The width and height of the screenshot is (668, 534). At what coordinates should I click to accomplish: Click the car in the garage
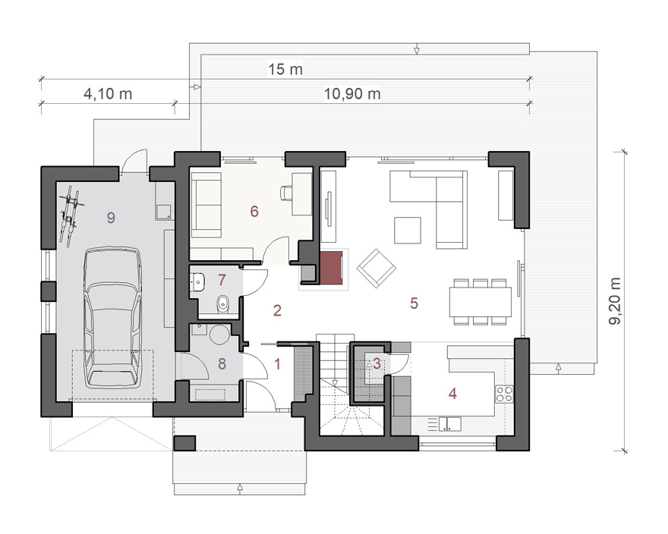point(112,317)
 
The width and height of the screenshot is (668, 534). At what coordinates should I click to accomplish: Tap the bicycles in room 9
point(71,216)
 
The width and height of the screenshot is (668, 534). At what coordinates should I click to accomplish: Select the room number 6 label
point(254,211)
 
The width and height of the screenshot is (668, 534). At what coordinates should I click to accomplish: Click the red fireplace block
point(332,268)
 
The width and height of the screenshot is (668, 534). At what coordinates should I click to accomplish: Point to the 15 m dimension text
point(285,70)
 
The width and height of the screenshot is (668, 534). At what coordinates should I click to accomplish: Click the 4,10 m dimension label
point(108,94)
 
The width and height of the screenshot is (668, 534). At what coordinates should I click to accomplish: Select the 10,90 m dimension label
point(352,94)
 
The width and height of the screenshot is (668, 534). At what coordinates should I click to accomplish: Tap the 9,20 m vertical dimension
point(615,301)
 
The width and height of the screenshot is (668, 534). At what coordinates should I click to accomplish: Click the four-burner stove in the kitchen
point(504,394)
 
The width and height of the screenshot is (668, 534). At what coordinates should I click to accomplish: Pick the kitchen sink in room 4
point(450,424)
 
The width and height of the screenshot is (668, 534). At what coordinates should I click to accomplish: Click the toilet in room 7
point(223,304)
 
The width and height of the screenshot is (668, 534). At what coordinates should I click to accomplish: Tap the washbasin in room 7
point(197,281)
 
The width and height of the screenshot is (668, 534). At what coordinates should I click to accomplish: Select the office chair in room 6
point(286,193)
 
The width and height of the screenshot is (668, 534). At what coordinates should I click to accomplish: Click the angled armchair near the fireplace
point(377,269)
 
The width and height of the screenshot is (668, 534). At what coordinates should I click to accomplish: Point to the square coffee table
point(408,231)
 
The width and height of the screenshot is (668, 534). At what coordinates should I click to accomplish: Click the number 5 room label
point(414,303)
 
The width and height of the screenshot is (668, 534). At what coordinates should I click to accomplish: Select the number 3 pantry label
point(377,364)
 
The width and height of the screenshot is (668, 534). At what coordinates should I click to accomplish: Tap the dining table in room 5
point(480,301)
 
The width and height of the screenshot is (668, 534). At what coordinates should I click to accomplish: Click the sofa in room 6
point(206,205)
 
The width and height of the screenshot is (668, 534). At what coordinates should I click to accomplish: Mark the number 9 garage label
point(111,218)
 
